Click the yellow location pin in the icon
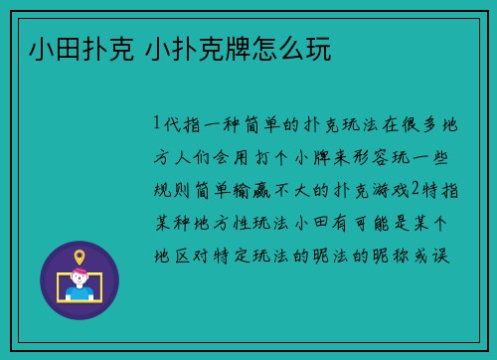80,257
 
